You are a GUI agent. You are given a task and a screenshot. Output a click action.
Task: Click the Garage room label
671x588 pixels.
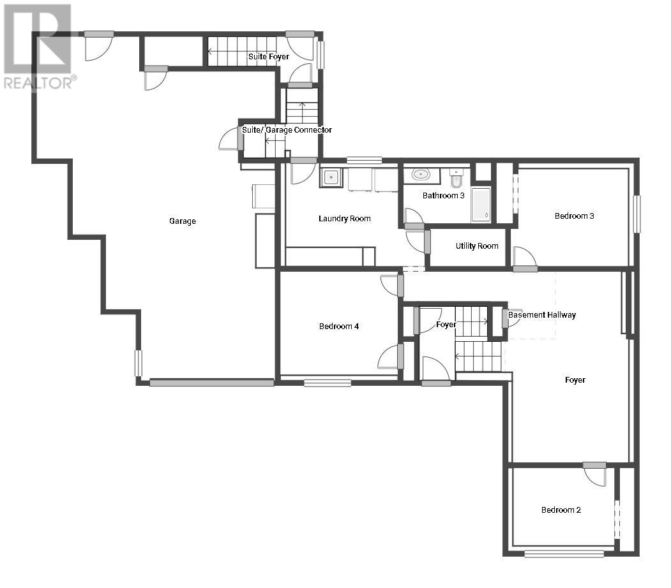[x=183, y=221]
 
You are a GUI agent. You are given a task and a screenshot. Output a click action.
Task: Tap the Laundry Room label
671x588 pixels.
[x=345, y=218]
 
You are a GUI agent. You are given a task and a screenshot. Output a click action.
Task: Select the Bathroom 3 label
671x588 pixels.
[x=443, y=195]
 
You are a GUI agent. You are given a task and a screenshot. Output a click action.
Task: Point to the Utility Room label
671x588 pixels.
[x=477, y=246]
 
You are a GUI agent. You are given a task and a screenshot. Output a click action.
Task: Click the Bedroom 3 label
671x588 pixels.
[x=575, y=216]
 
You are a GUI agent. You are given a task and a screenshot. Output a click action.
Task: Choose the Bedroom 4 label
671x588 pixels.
[x=339, y=326]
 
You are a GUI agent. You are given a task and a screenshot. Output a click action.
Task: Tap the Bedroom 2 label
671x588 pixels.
[x=561, y=510]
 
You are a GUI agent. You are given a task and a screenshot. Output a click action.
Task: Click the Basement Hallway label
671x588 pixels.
[x=542, y=315]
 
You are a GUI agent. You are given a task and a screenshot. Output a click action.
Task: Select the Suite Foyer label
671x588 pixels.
[x=269, y=56]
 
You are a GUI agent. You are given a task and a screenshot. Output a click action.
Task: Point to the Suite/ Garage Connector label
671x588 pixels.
[x=287, y=129]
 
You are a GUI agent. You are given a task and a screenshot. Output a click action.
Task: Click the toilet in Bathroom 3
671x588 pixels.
[x=456, y=178]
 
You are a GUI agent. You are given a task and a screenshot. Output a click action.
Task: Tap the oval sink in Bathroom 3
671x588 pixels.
[x=421, y=174]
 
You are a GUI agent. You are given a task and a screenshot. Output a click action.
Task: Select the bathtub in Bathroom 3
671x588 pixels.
[x=481, y=204]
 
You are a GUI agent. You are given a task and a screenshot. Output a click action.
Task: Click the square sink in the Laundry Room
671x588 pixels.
[x=331, y=177]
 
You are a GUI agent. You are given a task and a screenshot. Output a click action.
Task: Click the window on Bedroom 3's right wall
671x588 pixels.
[x=637, y=214]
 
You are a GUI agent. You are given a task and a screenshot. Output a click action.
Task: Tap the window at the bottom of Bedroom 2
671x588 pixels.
[x=564, y=554]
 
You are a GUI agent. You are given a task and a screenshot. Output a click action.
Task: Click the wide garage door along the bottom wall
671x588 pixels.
[x=212, y=383]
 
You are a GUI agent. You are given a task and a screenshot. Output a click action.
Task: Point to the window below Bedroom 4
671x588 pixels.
[x=328, y=383]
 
